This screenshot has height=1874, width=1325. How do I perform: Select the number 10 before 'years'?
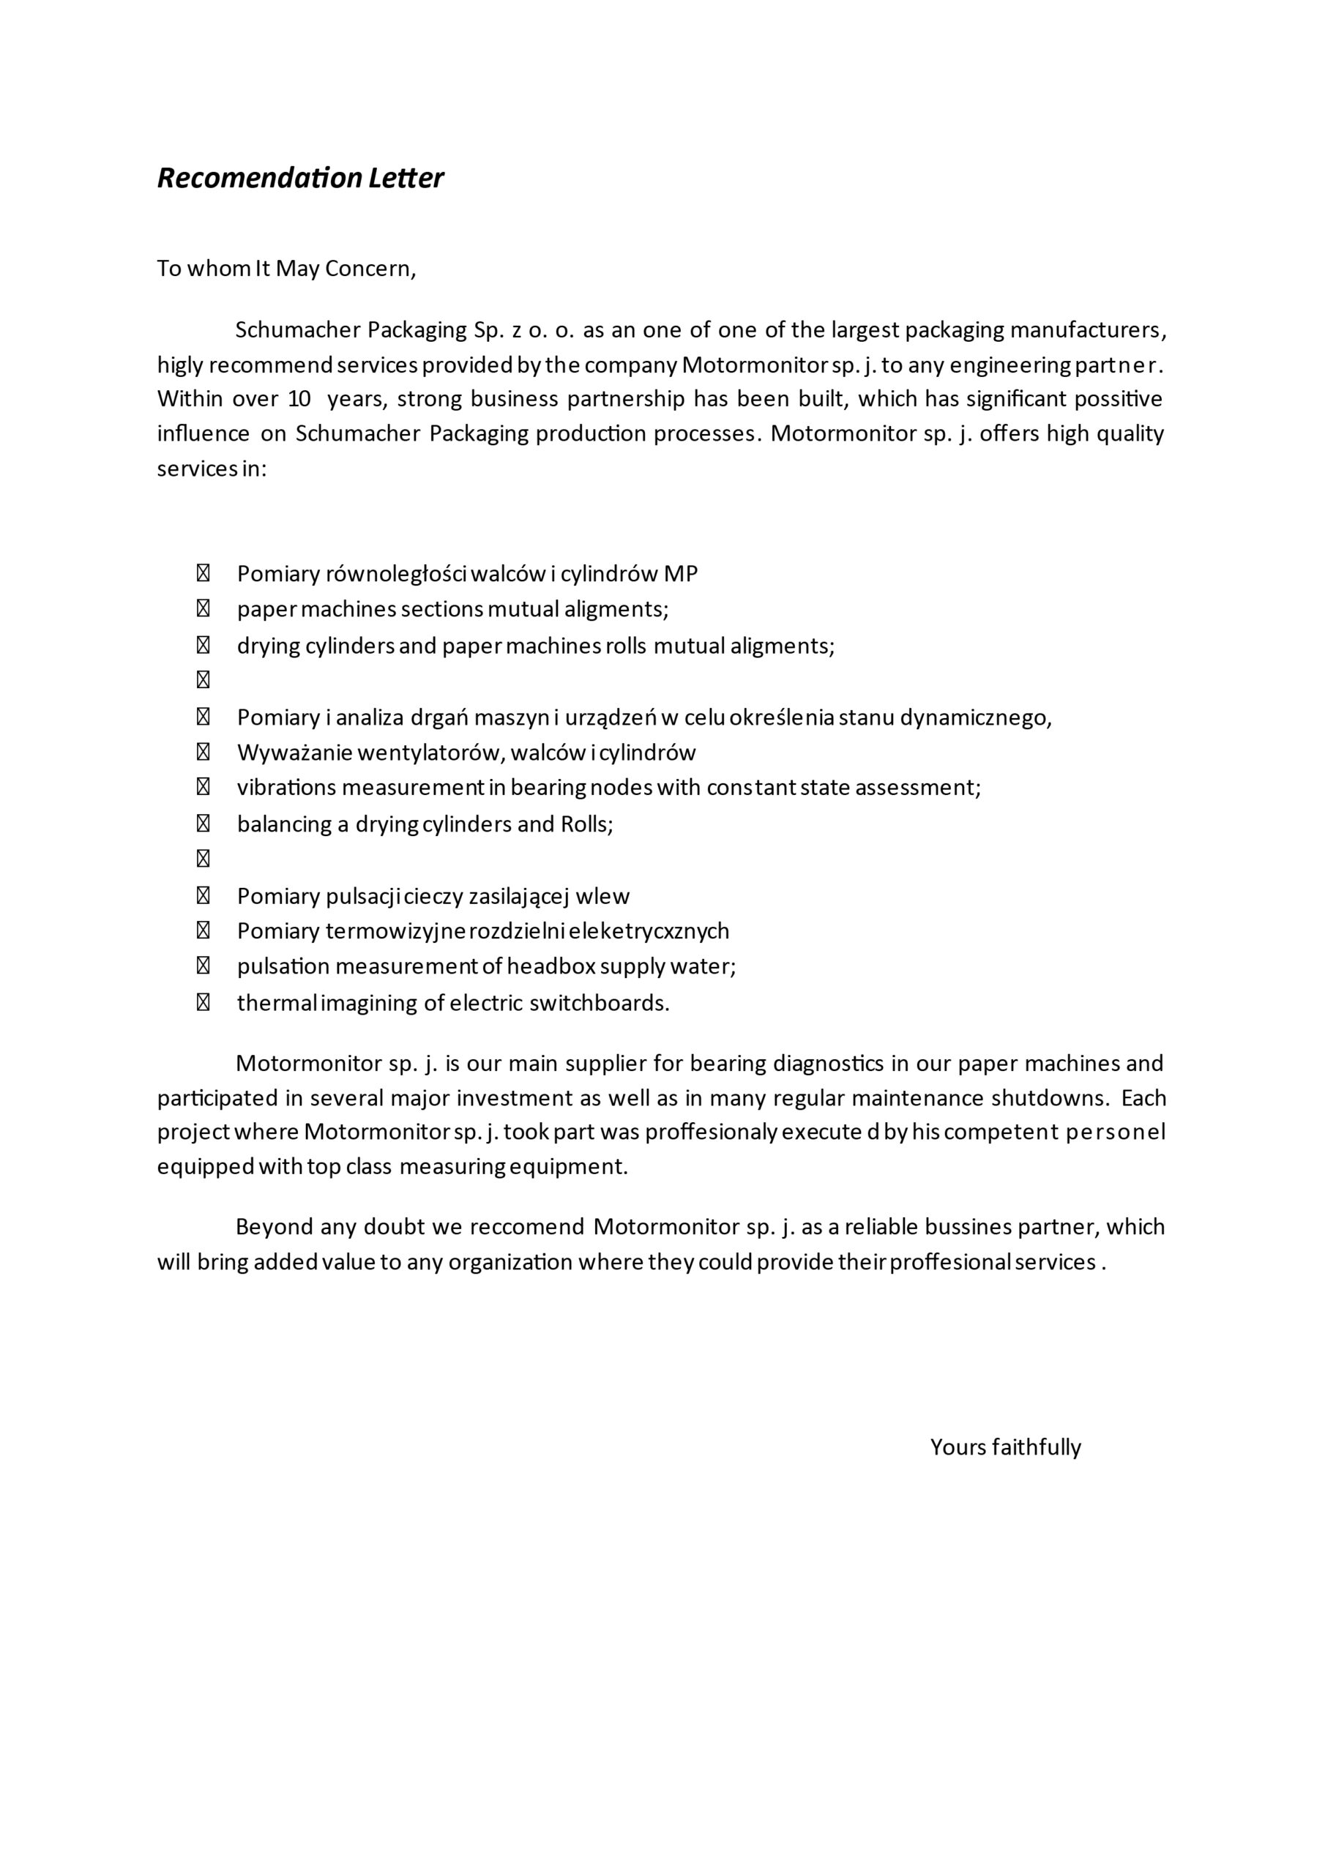(299, 399)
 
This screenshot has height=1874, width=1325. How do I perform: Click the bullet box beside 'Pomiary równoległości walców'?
(204, 574)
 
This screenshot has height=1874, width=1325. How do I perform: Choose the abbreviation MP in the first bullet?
(681, 574)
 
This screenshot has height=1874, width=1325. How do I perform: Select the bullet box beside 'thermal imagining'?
(204, 1002)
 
